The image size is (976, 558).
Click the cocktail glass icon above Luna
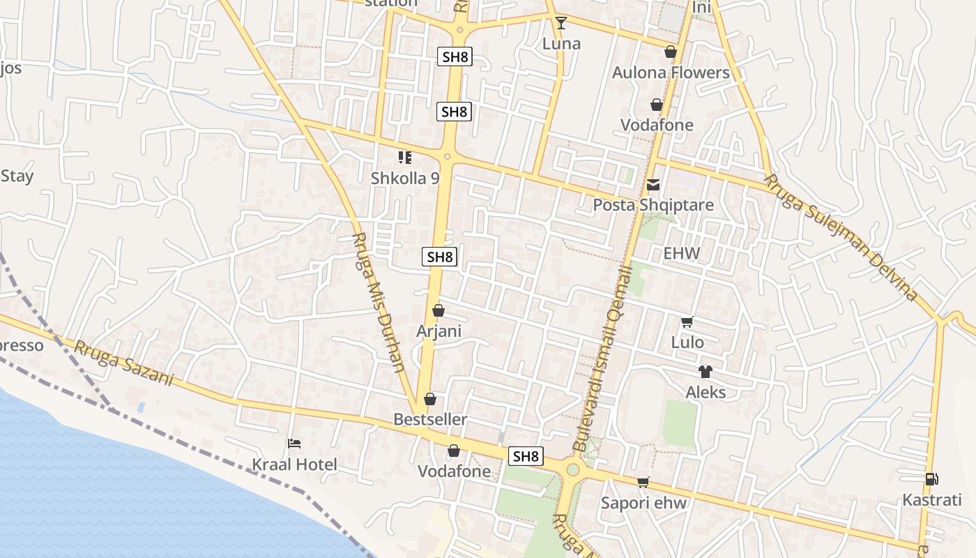tap(561, 23)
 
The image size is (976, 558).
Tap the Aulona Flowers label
tap(670, 73)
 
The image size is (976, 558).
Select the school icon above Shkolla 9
tap(405, 158)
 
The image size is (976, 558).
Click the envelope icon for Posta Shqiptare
tap(653, 185)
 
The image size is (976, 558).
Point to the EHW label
tap(681, 253)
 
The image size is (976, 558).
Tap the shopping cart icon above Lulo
tap(687, 322)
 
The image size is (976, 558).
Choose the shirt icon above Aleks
tap(706, 372)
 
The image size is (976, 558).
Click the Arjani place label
tap(439, 331)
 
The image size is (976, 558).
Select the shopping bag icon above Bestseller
tap(430, 399)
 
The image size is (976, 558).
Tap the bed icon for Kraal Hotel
tap(294, 444)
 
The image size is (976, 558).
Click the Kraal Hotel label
tap(294, 465)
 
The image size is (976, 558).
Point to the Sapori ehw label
tap(643, 503)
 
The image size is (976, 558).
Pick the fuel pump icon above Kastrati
tap(931, 479)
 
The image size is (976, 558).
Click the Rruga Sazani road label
tap(123, 363)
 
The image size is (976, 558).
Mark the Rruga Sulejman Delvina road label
tap(840, 238)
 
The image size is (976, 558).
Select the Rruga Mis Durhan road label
tap(379, 302)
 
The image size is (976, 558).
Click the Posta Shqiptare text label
tap(653, 205)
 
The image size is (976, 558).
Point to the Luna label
tap(561, 44)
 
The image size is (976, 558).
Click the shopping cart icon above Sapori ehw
tap(643, 483)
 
